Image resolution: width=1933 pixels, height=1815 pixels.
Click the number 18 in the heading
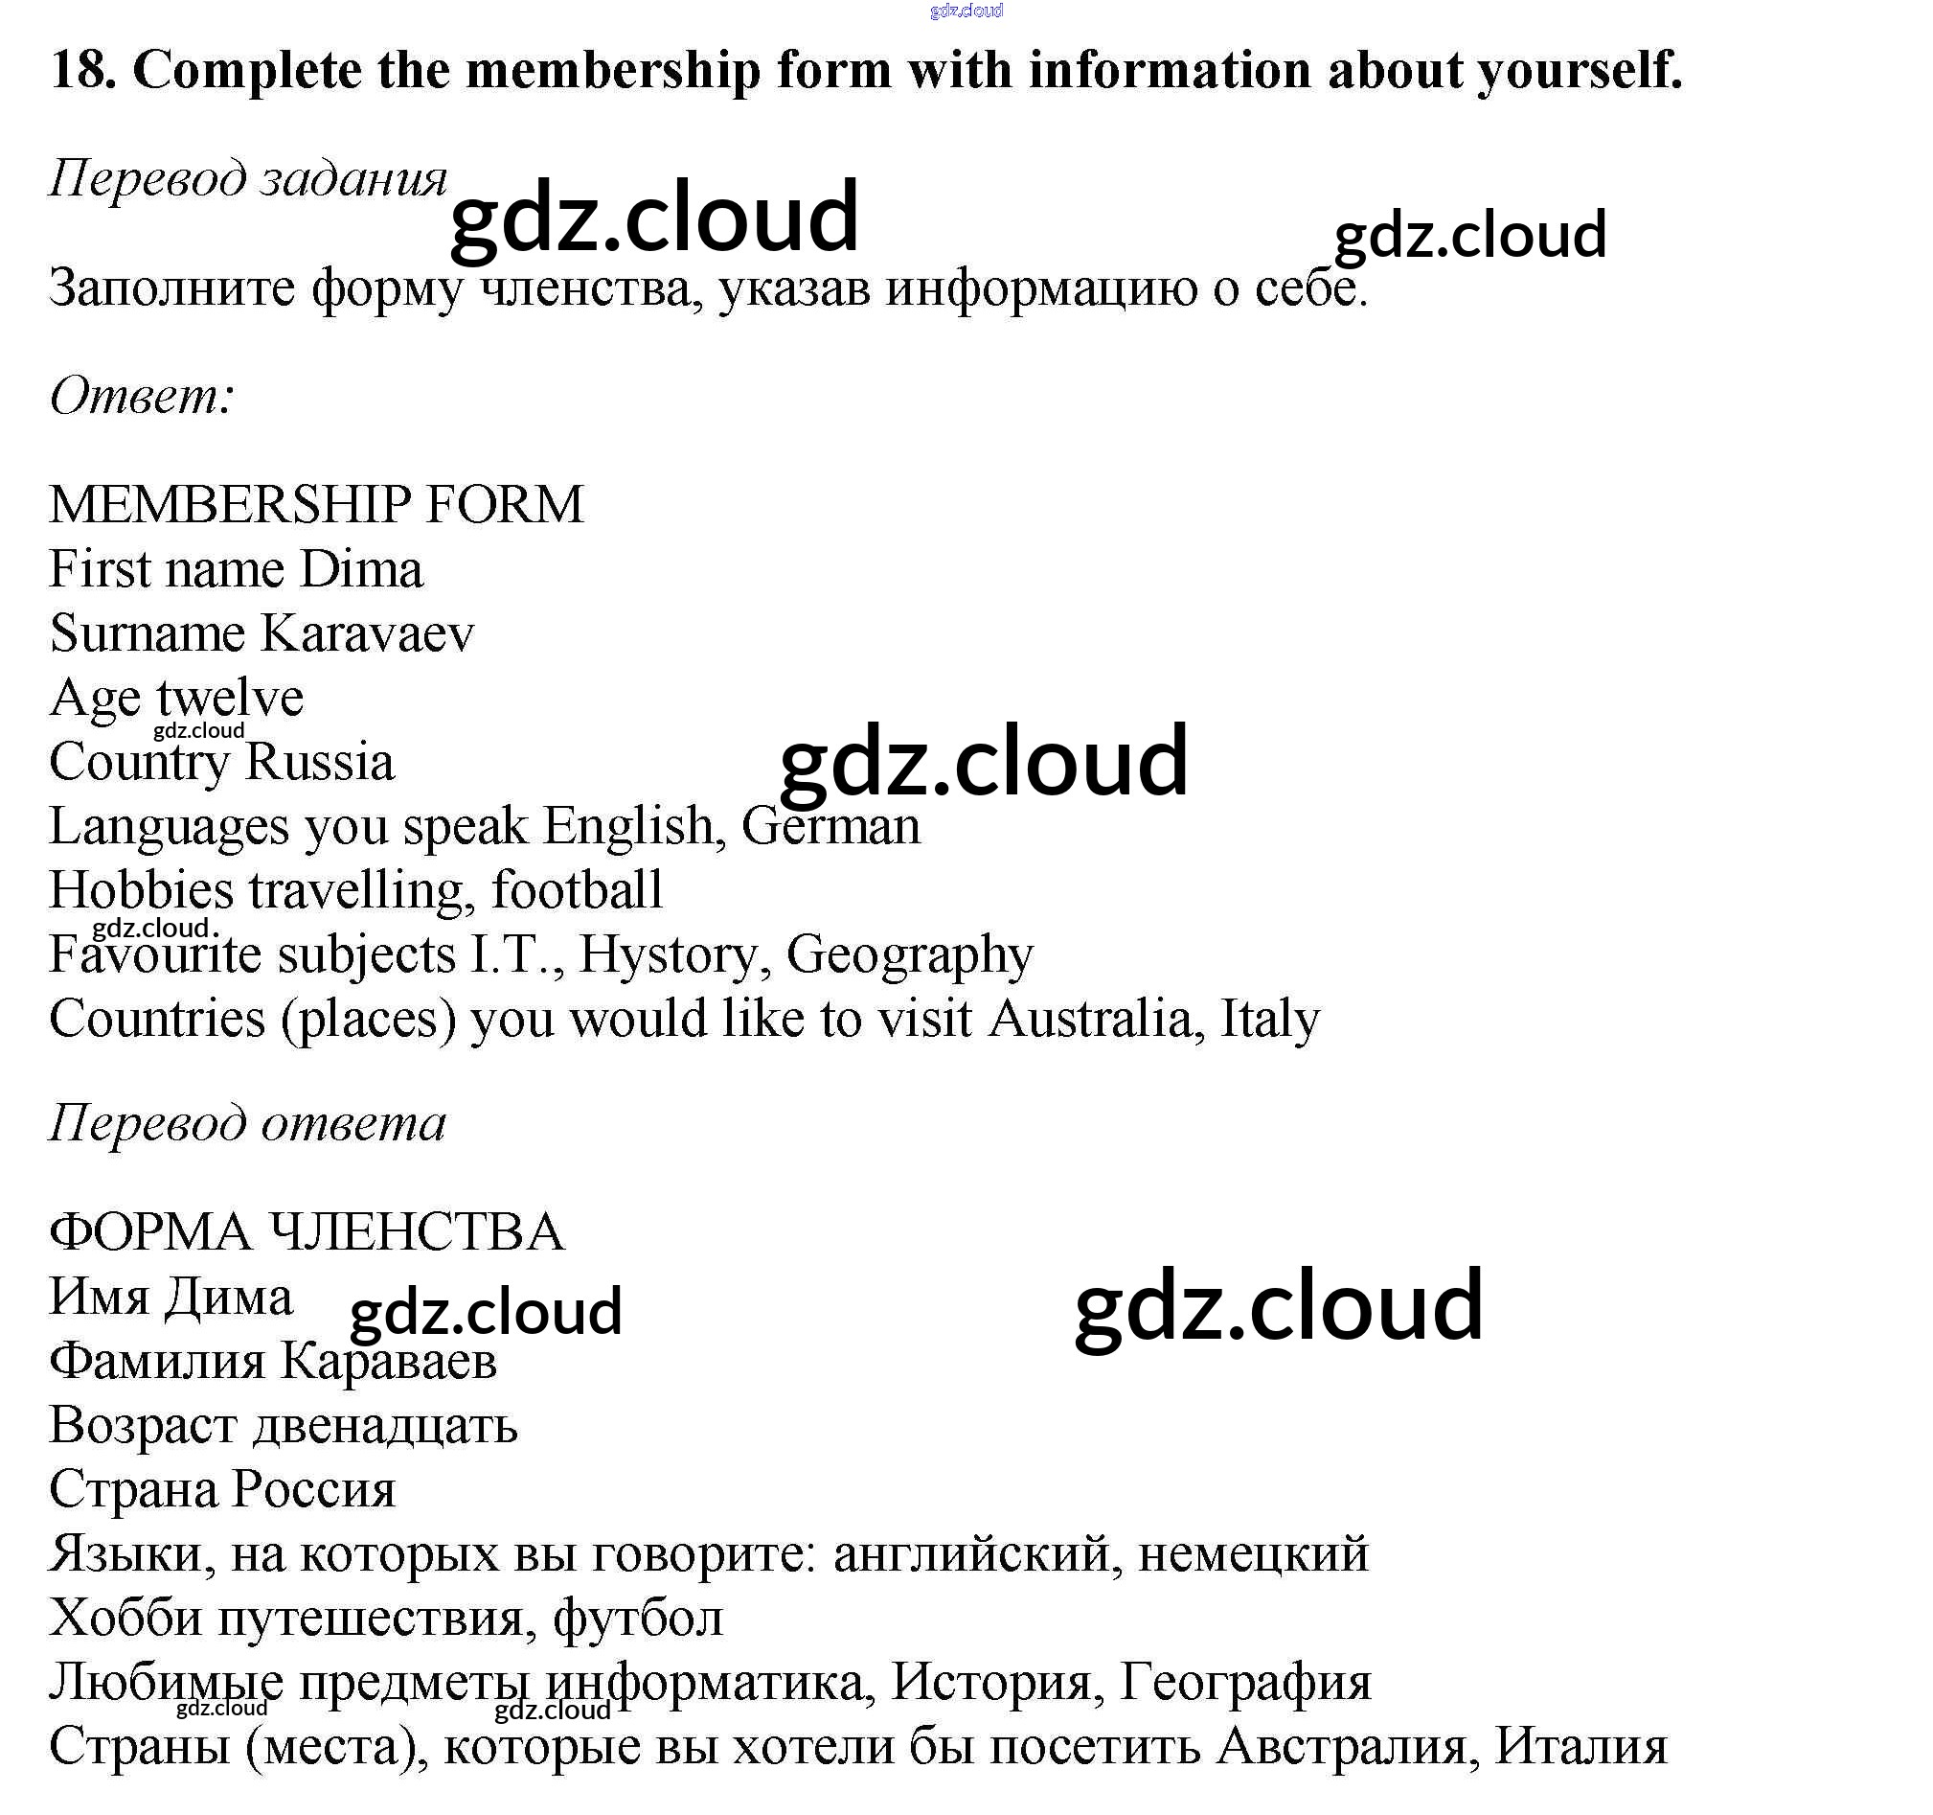click(x=81, y=70)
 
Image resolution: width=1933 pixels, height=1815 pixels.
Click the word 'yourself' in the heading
click(x=1580, y=70)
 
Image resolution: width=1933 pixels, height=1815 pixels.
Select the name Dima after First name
click(x=361, y=569)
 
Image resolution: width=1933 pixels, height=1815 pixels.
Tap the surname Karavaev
click(x=368, y=633)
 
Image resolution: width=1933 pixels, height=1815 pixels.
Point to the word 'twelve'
click(x=230, y=698)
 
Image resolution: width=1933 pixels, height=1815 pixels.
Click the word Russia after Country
click(x=320, y=762)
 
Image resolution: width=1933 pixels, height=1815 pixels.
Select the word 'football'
click(x=577, y=890)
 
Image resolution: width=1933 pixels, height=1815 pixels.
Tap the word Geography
click(x=909, y=954)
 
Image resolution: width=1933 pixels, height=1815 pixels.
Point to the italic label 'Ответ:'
click(x=142, y=396)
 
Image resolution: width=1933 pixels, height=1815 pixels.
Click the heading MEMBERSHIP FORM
click(x=316, y=505)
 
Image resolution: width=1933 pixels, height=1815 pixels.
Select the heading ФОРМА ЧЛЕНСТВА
click(x=307, y=1232)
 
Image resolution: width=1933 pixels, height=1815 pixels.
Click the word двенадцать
click(x=385, y=1425)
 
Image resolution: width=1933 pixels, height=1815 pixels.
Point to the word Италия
click(x=1581, y=1746)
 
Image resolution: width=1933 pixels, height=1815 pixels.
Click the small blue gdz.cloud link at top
click(x=966, y=11)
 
